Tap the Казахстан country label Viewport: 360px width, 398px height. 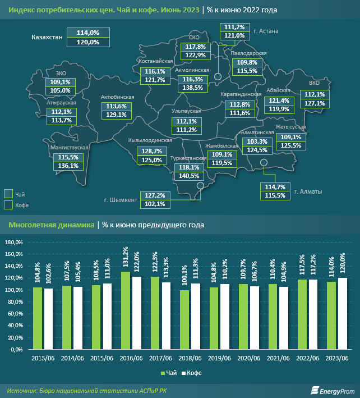click(x=46, y=37)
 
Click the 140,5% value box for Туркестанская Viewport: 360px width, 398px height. click(x=190, y=175)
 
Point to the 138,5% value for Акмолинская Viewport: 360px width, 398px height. click(x=193, y=88)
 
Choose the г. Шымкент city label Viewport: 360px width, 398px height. click(x=120, y=199)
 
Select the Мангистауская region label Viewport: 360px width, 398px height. click(x=70, y=147)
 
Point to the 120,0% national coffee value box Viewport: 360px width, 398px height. click(x=87, y=42)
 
